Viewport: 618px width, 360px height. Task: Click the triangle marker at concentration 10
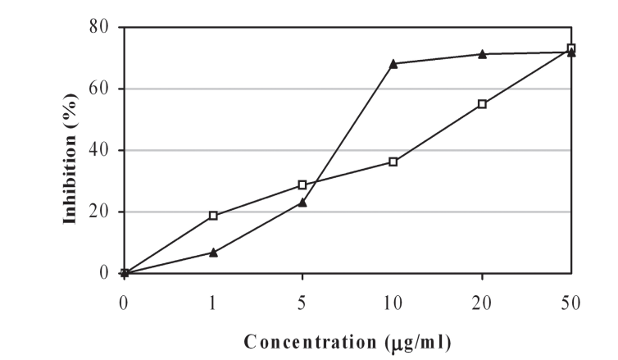tap(393, 63)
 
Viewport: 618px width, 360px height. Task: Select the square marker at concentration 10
tap(393, 162)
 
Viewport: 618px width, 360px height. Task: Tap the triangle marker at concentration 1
tap(213, 253)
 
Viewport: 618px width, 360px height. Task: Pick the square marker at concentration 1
tap(213, 216)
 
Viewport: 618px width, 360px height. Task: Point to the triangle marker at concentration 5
tap(302, 202)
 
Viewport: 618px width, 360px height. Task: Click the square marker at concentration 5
tap(302, 185)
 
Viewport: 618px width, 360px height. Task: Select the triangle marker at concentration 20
tap(482, 54)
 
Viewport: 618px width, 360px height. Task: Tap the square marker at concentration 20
tap(482, 104)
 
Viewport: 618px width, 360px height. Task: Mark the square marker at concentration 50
tap(571, 48)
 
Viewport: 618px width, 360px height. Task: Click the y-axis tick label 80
tap(99, 27)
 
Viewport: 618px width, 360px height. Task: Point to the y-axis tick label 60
tap(99, 89)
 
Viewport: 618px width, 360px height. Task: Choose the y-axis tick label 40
tap(99, 150)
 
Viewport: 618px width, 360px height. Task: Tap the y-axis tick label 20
tap(99, 212)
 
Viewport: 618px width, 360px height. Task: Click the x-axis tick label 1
tap(213, 303)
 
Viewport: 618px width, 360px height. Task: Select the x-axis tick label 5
tap(302, 303)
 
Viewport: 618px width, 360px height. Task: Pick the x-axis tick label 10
tap(393, 303)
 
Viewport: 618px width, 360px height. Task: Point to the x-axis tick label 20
tap(482, 303)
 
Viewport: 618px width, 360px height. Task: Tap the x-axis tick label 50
tap(571, 303)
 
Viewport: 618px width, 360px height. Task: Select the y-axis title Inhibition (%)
tap(72, 150)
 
